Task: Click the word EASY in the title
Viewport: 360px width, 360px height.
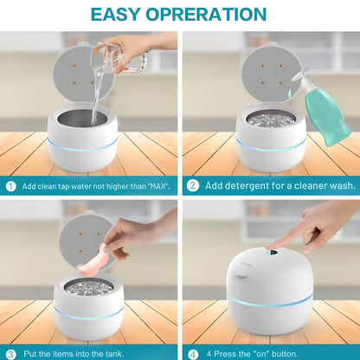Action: coord(120,14)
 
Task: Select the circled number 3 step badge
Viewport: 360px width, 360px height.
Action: coord(11,352)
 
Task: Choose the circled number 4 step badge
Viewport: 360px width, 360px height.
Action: coord(192,352)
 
